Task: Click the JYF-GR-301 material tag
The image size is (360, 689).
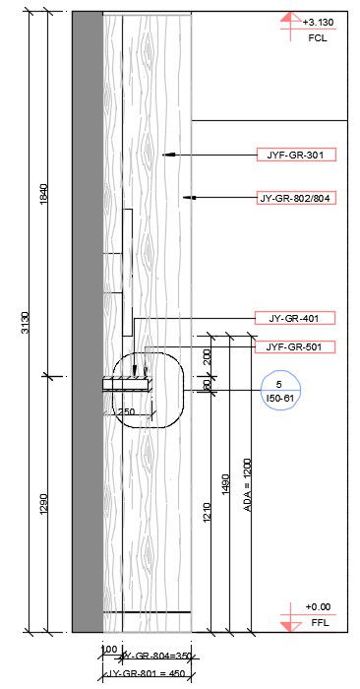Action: [x=295, y=155]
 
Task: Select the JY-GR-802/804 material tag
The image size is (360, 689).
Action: [x=295, y=198]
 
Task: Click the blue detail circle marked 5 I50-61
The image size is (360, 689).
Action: [x=280, y=390]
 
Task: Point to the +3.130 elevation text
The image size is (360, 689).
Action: [x=318, y=22]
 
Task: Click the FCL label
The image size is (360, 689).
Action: [x=317, y=39]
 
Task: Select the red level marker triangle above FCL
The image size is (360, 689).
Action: [x=287, y=18]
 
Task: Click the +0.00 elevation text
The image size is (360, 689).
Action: [x=318, y=607]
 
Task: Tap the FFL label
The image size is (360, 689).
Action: [x=318, y=624]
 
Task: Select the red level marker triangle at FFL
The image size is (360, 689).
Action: [x=287, y=624]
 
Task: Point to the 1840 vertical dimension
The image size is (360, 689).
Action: [x=42, y=194]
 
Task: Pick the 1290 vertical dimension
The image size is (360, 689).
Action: [x=42, y=503]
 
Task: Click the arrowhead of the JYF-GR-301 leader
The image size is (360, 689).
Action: [x=165, y=155]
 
